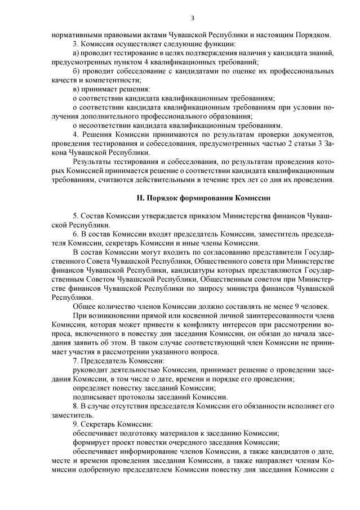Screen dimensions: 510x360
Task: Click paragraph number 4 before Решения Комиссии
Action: pyautogui.click(x=75, y=135)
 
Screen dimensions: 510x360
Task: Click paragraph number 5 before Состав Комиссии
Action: pyautogui.click(x=75, y=216)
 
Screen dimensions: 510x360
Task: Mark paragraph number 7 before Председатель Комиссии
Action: pyautogui.click(x=75, y=360)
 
